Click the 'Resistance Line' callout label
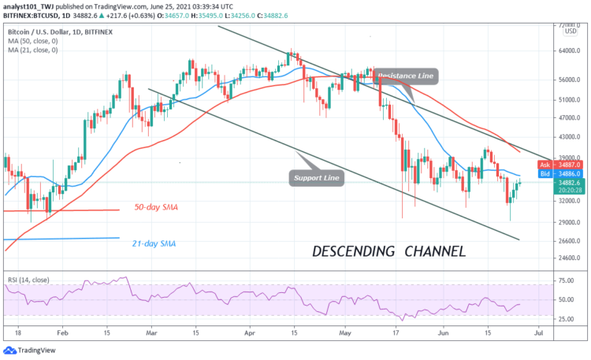407,76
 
